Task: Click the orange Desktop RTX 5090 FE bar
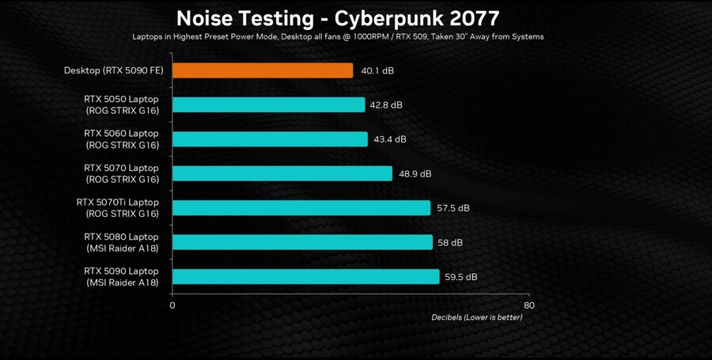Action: [x=263, y=70]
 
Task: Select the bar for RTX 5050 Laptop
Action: [x=268, y=105]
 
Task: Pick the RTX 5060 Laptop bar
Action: [x=270, y=139]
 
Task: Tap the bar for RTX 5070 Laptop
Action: [x=282, y=174]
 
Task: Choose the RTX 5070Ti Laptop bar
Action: [x=301, y=208]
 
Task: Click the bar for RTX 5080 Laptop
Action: [x=302, y=242]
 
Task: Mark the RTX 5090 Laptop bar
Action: [x=305, y=277]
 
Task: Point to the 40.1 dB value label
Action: [x=377, y=71]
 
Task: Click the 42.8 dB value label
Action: [x=386, y=105]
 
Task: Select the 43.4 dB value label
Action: [x=389, y=139]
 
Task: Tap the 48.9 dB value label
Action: [x=415, y=174]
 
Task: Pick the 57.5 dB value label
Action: [x=453, y=208]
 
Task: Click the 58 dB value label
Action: [x=450, y=243]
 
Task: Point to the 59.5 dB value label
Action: [x=460, y=277]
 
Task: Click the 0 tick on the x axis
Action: [x=172, y=305]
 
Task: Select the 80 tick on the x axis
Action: [x=529, y=305]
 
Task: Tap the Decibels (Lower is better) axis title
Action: [x=476, y=317]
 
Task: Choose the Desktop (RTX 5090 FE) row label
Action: [x=114, y=71]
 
